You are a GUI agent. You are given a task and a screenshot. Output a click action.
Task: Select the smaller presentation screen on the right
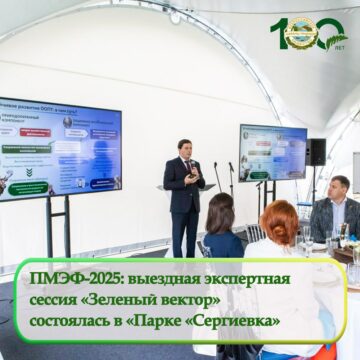click(272, 152)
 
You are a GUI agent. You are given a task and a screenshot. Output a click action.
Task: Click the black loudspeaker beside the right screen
click(316, 151)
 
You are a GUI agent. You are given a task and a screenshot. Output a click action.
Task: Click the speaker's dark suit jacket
click(184, 185)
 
